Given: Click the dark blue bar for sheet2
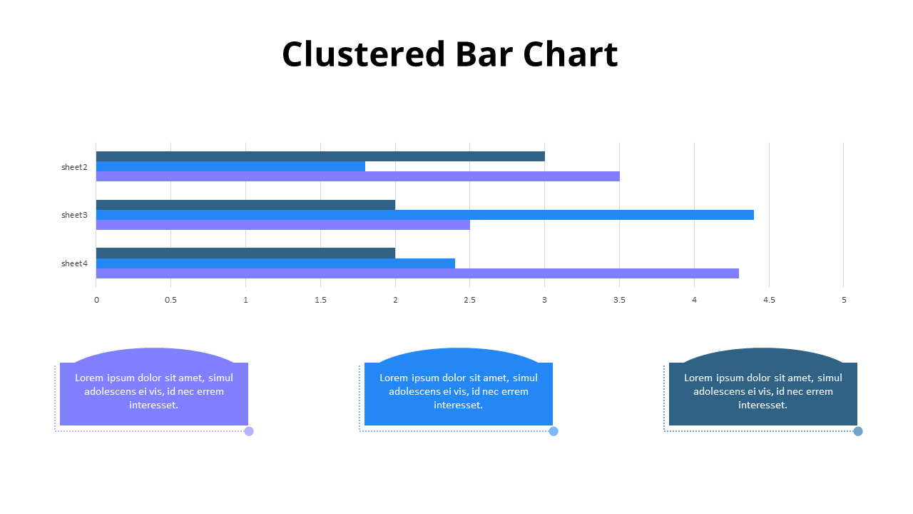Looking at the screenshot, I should (320, 156).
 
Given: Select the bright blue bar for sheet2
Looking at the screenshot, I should (230, 166).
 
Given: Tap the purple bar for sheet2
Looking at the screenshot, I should (357, 176).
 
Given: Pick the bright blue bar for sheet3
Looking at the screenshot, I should (424, 215).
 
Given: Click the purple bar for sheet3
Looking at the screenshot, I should (282, 225).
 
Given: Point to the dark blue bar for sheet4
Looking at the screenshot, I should (245, 253).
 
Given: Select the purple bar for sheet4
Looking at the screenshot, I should (417, 273).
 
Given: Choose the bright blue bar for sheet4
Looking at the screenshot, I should (275, 263).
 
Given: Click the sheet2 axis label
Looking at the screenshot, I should (74, 167).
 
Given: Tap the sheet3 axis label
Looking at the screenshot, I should (74, 215).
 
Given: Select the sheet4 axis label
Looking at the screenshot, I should (74, 263).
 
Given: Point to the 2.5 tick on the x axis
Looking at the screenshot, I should (469, 300).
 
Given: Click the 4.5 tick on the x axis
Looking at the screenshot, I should (768, 300).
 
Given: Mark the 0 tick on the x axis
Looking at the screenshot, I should (96, 300).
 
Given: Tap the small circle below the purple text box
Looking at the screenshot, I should (249, 431).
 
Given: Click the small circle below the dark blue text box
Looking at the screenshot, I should (858, 431).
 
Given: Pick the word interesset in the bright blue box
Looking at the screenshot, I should (457, 405).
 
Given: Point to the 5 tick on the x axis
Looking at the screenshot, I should (844, 300).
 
